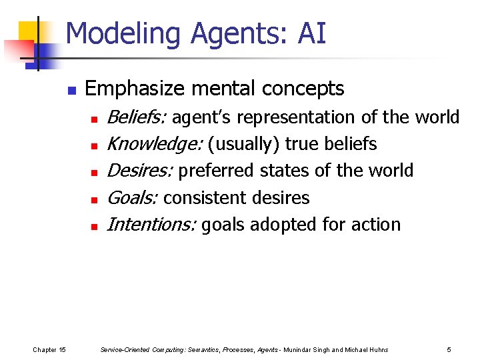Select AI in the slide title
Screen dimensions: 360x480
(312, 33)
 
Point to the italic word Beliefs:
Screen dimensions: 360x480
(137, 117)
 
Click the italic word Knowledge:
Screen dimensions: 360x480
(154, 144)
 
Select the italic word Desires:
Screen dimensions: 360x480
(140, 171)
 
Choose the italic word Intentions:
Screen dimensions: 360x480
(151, 225)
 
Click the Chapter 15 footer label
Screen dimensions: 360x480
(49, 349)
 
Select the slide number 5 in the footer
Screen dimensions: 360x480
(449, 349)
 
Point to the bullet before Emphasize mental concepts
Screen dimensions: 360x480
(71, 89)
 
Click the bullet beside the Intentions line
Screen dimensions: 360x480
(95, 227)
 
